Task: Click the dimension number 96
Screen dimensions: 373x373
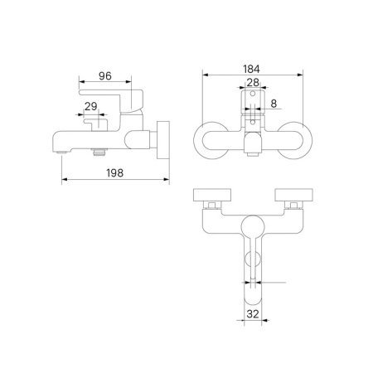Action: point(104,75)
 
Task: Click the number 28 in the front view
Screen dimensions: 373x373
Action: point(252,83)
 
